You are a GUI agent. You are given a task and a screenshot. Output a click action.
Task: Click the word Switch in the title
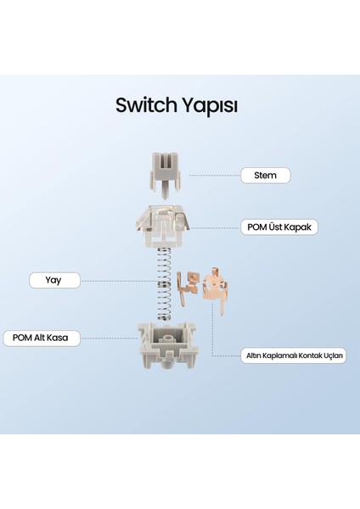[145, 106]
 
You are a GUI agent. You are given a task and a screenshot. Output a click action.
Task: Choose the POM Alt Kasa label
[42, 338]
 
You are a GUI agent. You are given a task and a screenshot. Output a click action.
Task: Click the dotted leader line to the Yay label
[115, 280]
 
